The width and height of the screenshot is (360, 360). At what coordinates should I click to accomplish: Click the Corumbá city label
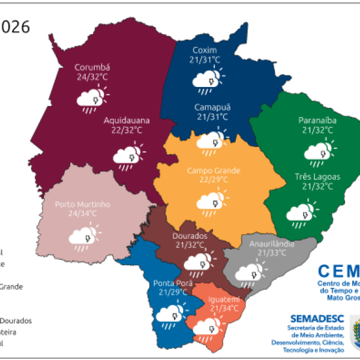93,68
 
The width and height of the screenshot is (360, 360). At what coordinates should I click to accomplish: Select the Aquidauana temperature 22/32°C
126,130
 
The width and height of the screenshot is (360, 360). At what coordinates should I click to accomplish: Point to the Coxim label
205,50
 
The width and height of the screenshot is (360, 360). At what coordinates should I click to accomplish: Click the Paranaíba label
317,121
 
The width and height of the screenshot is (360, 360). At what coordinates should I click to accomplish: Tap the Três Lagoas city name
317,177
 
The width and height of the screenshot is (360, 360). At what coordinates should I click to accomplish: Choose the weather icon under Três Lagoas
299,212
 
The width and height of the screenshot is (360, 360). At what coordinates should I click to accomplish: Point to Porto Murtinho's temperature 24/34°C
82,213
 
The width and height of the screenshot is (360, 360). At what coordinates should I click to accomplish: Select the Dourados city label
193,236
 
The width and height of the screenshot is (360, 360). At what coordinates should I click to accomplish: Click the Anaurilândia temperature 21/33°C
274,253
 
